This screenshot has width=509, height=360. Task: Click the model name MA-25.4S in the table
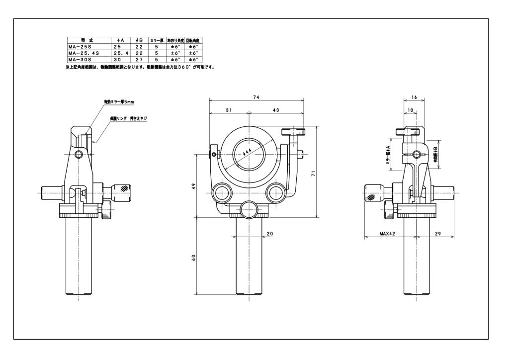click(x=84, y=52)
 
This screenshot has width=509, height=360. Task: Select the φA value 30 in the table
click(x=118, y=58)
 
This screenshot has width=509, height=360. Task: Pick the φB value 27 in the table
click(x=139, y=58)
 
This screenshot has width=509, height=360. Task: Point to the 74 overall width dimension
click(x=256, y=97)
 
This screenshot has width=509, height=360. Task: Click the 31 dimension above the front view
click(x=228, y=110)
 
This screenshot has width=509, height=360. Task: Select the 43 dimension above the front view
click(x=276, y=110)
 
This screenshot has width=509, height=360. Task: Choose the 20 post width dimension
click(x=270, y=233)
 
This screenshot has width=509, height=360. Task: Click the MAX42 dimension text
click(x=387, y=233)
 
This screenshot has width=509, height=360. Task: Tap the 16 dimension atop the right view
click(x=414, y=98)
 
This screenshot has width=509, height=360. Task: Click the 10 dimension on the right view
click(x=410, y=109)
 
